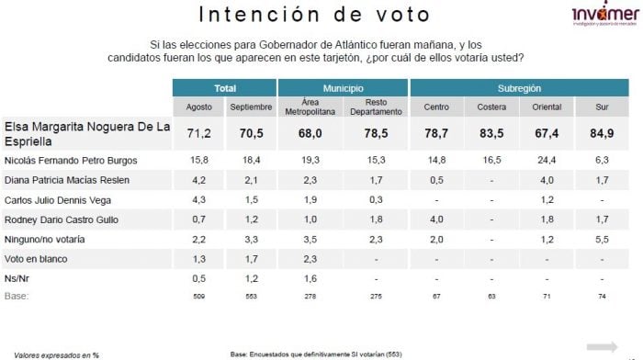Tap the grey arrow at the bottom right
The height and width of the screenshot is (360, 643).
(603, 346)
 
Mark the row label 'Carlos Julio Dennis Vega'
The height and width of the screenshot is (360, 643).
(59, 199)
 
